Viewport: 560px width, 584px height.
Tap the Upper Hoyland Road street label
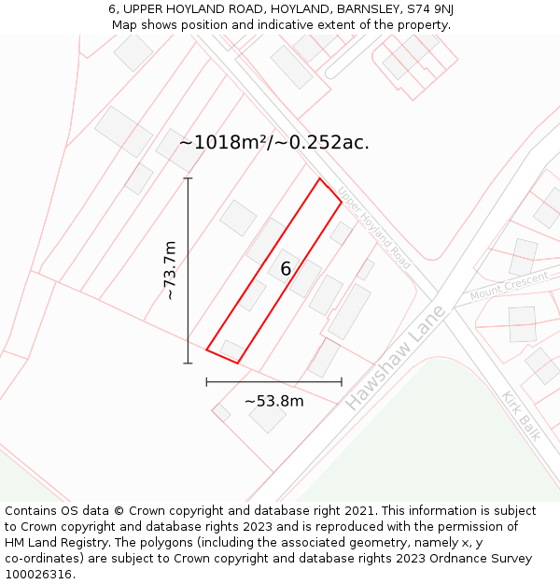tap(374, 228)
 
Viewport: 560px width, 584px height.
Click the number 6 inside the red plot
tap(286, 269)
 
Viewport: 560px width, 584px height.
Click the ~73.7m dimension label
tap(170, 270)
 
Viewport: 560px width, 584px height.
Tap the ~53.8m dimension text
tap(273, 401)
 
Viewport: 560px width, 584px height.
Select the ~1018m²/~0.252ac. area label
tap(273, 143)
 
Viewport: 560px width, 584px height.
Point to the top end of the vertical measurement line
tap(188, 178)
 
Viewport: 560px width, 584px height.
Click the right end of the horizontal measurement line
tap(342, 381)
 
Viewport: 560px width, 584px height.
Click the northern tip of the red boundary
tap(319, 178)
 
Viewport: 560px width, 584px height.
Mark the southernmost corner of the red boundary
tap(238, 363)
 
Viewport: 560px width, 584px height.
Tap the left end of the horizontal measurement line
tap(206, 381)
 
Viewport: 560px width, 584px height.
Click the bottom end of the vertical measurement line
tap(188, 363)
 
